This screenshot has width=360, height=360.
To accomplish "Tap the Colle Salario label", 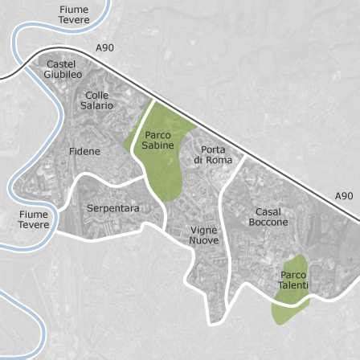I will (x=97, y=100).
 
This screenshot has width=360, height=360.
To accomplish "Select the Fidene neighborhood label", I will (x=84, y=151).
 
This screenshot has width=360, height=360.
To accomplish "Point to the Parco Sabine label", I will (x=157, y=141).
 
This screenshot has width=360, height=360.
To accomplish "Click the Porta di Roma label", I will (x=213, y=155).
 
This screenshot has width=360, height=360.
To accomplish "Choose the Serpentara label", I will (x=112, y=208).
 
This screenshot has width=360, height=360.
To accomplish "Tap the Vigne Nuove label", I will (x=204, y=235).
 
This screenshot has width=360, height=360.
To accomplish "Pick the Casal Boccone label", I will (x=268, y=217).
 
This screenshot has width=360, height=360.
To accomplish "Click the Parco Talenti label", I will (x=293, y=280).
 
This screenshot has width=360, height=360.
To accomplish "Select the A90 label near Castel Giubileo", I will (x=105, y=48).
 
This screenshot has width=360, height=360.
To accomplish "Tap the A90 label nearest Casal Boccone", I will (x=343, y=195).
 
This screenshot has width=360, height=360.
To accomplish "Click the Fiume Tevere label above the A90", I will (x=74, y=14).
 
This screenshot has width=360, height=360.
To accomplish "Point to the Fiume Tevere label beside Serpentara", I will (x=34, y=219).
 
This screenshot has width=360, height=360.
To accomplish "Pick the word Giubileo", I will (x=63, y=75).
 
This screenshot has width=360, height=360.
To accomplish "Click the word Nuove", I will (x=204, y=240).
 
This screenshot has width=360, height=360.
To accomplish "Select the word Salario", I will (x=97, y=105).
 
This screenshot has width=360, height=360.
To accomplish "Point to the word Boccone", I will (x=268, y=223).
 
